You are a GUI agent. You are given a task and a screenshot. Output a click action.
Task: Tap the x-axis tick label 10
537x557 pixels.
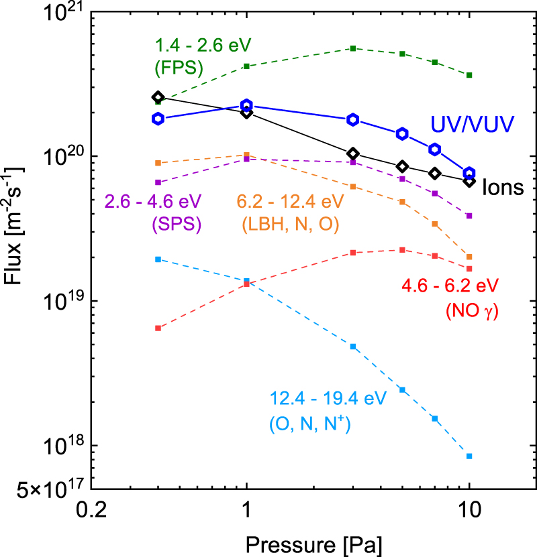469,509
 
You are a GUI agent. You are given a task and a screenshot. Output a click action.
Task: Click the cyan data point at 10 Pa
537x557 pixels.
469,456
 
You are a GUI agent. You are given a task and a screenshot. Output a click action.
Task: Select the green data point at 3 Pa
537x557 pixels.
352,48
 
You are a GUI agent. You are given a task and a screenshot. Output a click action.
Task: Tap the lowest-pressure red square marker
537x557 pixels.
158,328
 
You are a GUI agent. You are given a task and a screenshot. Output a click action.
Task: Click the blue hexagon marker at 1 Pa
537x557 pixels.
246,105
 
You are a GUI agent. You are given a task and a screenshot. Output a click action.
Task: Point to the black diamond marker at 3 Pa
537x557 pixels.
352,153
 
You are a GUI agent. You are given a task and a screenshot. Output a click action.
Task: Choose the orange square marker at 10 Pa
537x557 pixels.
469,257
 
